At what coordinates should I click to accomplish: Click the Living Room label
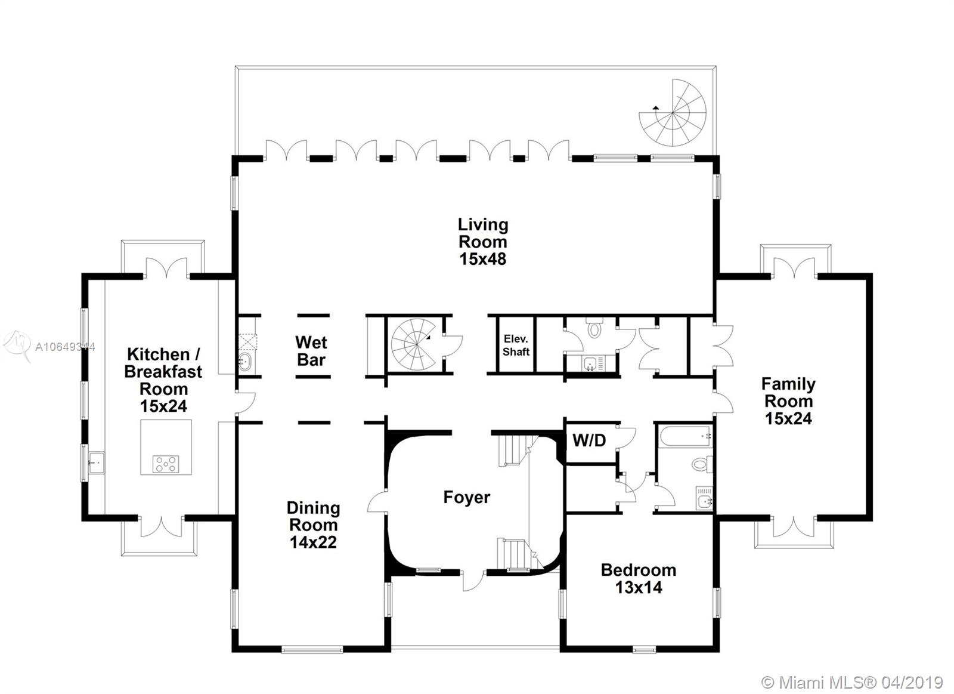(483, 233)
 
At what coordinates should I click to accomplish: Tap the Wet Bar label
(311, 351)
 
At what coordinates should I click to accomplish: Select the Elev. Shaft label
(516, 346)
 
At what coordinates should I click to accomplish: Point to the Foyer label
(467, 498)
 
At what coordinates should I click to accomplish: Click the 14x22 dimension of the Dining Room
(314, 542)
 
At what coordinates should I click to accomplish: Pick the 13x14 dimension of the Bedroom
(639, 588)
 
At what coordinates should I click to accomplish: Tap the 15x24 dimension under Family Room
(788, 419)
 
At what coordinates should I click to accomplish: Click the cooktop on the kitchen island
(166, 464)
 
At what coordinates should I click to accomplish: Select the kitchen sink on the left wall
(96, 462)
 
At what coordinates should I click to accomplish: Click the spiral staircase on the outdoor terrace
(673, 113)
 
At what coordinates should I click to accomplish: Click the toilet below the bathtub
(702, 464)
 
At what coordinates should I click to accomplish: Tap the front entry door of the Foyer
(473, 580)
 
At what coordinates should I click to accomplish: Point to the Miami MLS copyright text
(851, 683)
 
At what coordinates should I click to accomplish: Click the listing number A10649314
(65, 347)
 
